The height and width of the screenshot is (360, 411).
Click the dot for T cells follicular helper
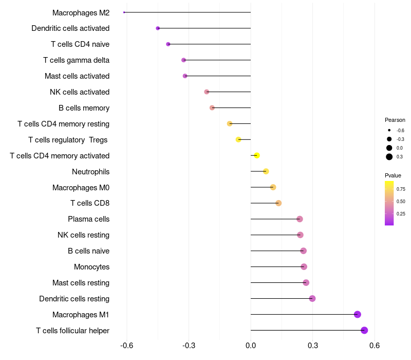pyautogui.click(x=364, y=330)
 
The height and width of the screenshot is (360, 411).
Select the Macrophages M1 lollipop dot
pyautogui.click(x=358, y=314)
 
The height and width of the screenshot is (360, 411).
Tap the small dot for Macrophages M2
pyautogui.click(x=124, y=12)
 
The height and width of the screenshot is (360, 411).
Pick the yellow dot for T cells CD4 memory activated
pyautogui.click(x=257, y=155)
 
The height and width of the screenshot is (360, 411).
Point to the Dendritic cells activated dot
pyautogui.click(x=158, y=28)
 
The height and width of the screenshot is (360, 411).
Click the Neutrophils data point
pyautogui.click(x=266, y=171)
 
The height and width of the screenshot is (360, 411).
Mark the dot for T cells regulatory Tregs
pyautogui.click(x=238, y=139)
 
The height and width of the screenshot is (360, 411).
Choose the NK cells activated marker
pyautogui.click(x=207, y=92)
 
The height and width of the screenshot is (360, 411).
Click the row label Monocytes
pyautogui.click(x=91, y=267)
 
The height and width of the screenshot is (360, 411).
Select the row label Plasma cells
pyautogui.click(x=88, y=219)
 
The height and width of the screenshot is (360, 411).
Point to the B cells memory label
pyautogui.click(x=84, y=108)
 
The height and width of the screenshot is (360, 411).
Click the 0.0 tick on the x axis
pyautogui.click(x=251, y=346)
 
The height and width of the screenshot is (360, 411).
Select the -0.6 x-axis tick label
pyautogui.click(x=127, y=346)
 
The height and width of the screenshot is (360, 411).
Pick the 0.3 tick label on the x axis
pyautogui.click(x=312, y=346)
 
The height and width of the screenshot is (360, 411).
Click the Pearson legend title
pyautogui.click(x=395, y=120)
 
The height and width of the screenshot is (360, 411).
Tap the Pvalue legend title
pyautogui.click(x=393, y=175)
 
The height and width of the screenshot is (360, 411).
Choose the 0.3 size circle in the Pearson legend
pyautogui.click(x=389, y=157)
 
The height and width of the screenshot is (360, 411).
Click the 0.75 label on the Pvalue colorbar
pyautogui.click(x=401, y=189)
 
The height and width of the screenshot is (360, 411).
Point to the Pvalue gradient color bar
pyautogui.click(x=389, y=203)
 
